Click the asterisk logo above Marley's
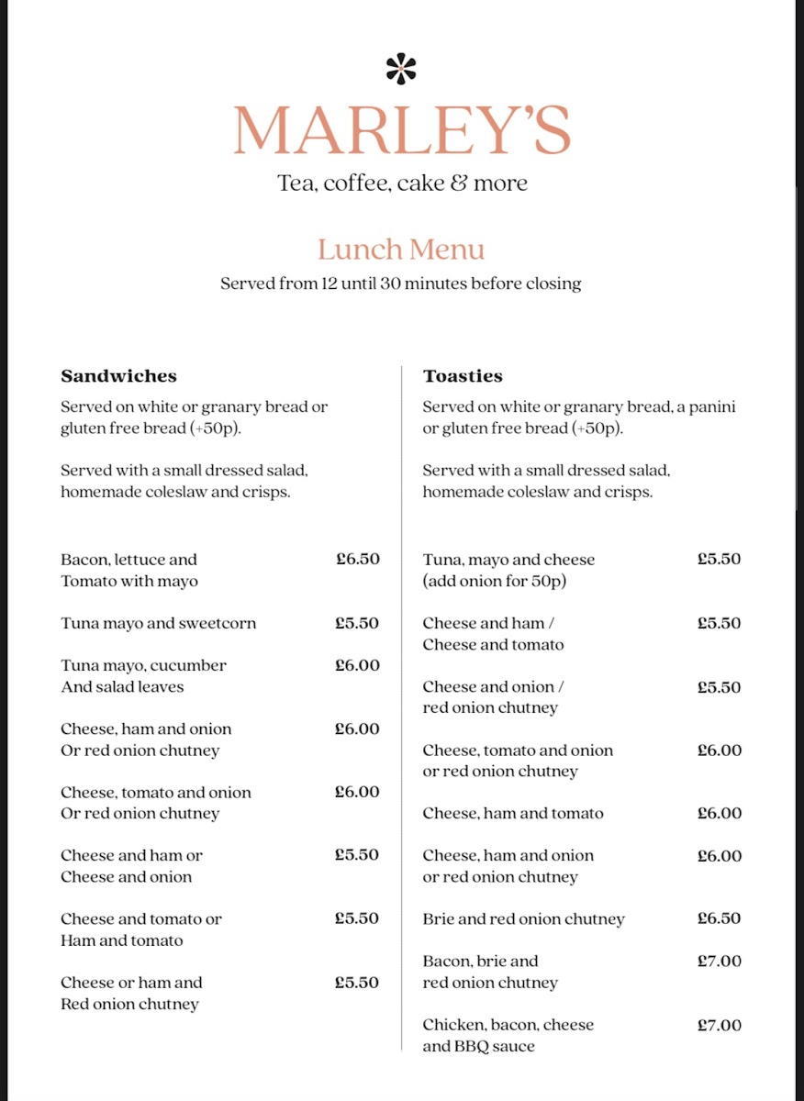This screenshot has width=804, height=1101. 401,69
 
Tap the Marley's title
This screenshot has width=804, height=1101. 401,130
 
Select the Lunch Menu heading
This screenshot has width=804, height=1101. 401,250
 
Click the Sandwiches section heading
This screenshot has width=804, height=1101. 118,376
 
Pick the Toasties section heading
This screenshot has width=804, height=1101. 463,376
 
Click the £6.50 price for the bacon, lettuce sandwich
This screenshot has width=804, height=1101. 357,559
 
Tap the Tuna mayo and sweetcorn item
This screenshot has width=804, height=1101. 159,624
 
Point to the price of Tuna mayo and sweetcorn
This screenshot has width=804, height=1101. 357,623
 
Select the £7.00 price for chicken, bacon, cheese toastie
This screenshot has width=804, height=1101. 719,1025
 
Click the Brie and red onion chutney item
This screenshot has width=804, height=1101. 523,919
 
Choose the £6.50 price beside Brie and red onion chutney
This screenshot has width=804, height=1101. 719,918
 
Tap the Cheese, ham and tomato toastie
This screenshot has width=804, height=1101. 513,814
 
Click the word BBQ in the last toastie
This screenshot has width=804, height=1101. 468,1047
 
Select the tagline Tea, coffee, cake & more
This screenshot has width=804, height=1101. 402,183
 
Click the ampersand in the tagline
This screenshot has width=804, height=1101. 459,183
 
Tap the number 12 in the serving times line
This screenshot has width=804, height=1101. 329,284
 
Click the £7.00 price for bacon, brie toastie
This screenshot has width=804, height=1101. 719,961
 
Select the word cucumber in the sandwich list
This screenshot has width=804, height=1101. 189,666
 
